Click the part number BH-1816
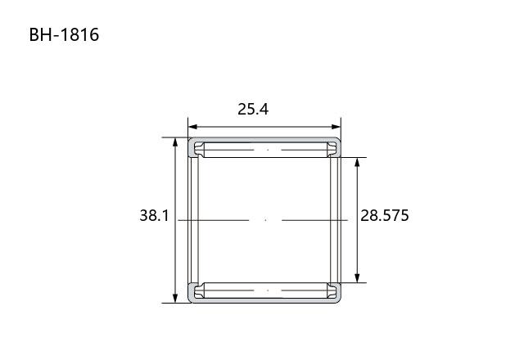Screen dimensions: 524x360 pos(64,34)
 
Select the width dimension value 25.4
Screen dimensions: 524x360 pos(253,109)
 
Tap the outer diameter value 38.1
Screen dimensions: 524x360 pos(155,215)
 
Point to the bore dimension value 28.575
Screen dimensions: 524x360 pos(385,215)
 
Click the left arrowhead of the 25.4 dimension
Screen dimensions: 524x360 pos(192,127)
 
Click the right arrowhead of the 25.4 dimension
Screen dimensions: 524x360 pos(337,127)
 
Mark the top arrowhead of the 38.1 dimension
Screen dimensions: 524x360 pos(175,142)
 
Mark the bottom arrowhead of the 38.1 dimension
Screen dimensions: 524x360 pos(175,298)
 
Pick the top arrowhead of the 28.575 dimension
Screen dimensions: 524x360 pos(357,162)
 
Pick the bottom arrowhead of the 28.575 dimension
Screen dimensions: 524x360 pos(357,278)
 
